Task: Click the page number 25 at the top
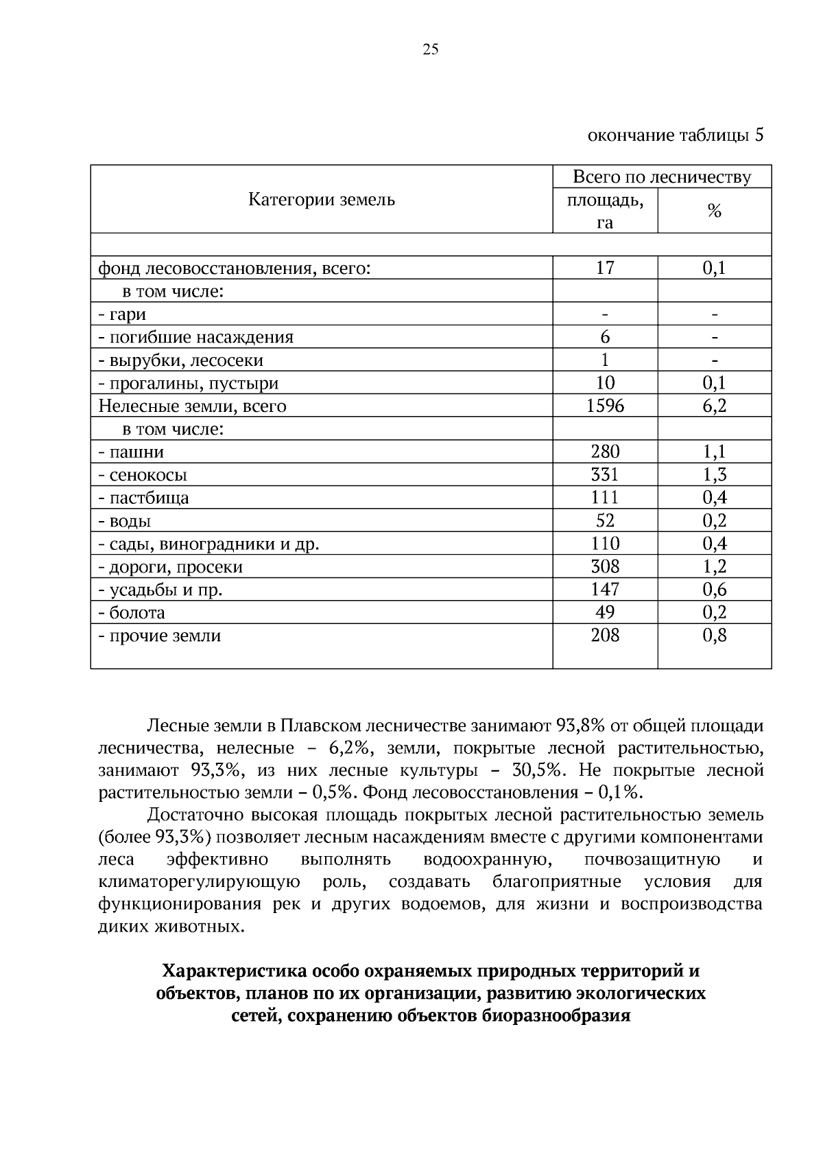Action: [x=431, y=49]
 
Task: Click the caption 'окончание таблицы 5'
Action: [x=676, y=135]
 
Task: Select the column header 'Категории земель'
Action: [x=321, y=200]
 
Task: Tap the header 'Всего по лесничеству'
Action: [x=662, y=177]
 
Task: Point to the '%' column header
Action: [x=714, y=211]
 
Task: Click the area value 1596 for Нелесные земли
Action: [x=605, y=406]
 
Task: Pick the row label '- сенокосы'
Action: [x=143, y=475]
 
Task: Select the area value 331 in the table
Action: [x=605, y=474]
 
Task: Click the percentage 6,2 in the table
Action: [x=714, y=406]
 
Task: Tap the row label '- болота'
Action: [x=132, y=612]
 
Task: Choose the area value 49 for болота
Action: [x=605, y=612]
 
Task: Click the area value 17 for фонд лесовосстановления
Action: [x=605, y=268]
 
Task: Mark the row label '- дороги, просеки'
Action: [x=171, y=567]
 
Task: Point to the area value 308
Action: [x=605, y=566]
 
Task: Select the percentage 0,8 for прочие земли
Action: [x=714, y=635]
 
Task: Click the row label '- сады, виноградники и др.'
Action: [x=208, y=544]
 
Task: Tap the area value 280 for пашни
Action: [x=605, y=451]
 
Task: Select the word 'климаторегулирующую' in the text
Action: [x=199, y=881]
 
